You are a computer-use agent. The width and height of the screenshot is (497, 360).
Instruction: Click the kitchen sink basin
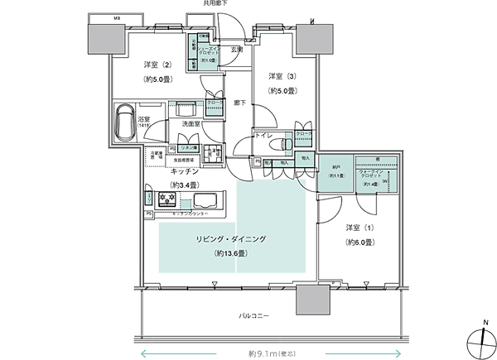click(202, 200)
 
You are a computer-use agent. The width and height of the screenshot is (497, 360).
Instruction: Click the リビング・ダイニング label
click(231, 239)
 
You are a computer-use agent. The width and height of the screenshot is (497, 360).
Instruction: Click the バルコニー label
click(254, 315)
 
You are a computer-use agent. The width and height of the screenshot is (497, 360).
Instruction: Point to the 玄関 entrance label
click(237, 50)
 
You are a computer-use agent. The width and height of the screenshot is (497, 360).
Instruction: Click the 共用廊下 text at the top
click(215, 4)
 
